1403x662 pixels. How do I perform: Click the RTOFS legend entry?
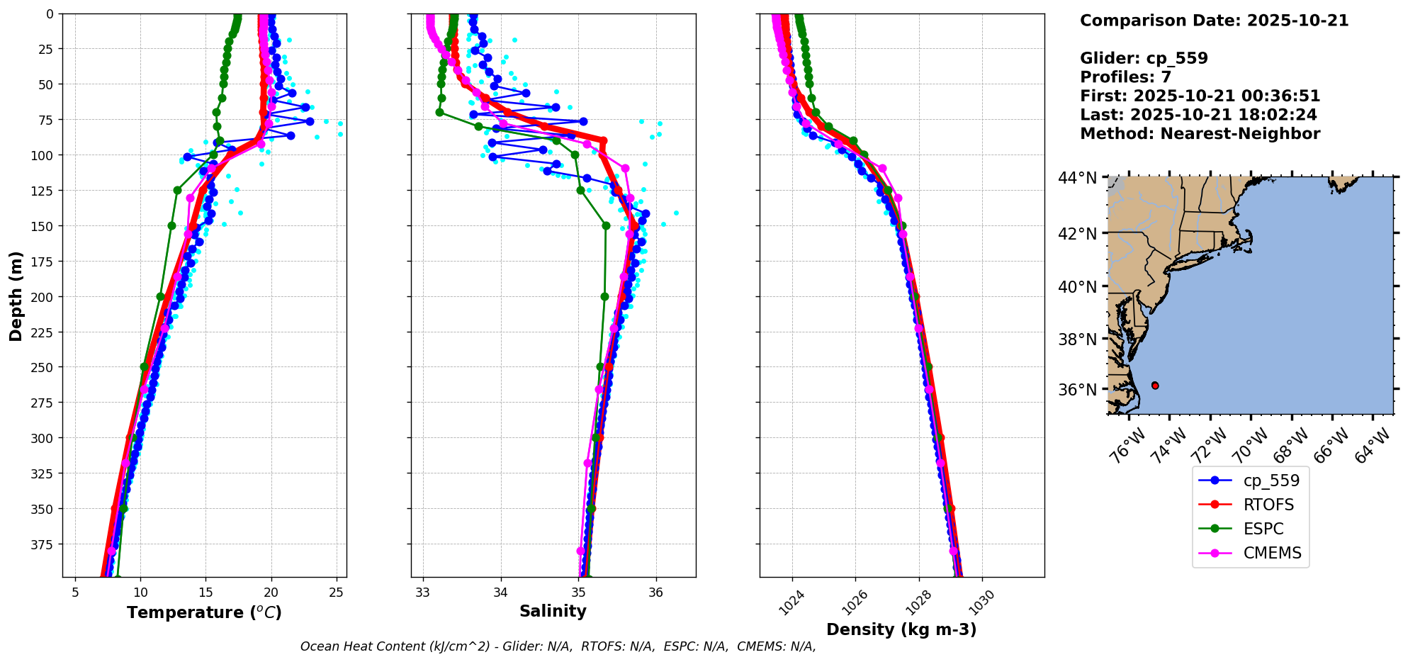pos(1268,505)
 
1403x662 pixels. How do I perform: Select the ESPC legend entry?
pos(1263,529)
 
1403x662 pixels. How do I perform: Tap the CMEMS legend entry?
pos(1272,553)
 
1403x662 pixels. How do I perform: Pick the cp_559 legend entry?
pos(1271,481)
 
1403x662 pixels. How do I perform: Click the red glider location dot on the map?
pos(1155,386)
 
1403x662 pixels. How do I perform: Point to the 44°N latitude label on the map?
pos(1077,178)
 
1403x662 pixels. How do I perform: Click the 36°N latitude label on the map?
pos(1077,390)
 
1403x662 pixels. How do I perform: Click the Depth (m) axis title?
pos(16,296)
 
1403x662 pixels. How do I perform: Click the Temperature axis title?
pos(204,612)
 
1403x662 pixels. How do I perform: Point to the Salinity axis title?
pos(553,611)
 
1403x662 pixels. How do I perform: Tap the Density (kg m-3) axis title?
pos(901,629)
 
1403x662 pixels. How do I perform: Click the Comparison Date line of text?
pos(1214,21)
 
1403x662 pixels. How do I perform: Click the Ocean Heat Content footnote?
pos(558,646)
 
